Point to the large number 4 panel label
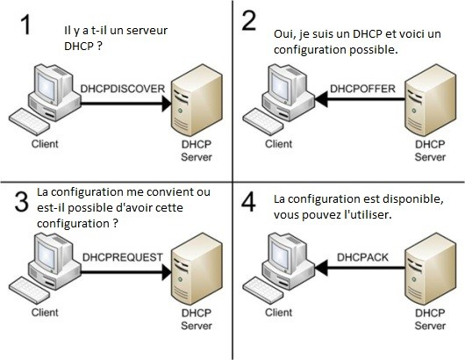[x=248, y=205]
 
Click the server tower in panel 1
[x=196, y=104]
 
